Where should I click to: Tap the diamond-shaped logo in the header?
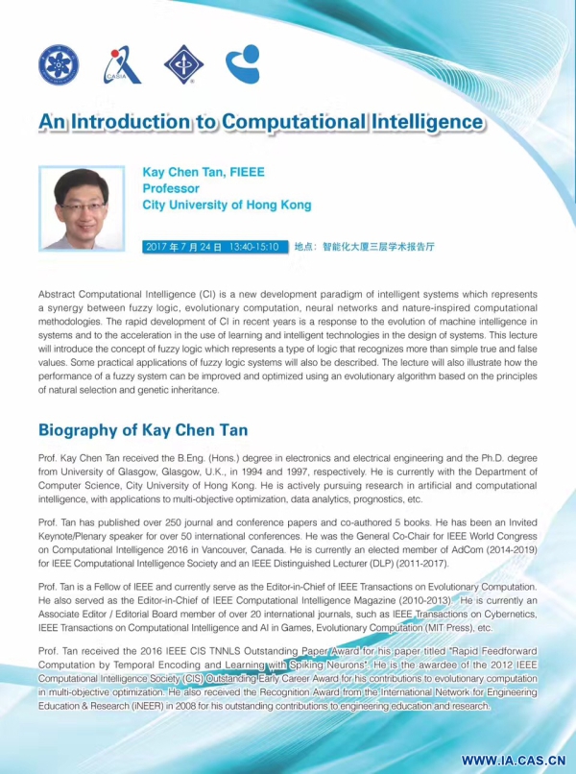point(183,64)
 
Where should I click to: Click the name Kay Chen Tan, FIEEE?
point(203,173)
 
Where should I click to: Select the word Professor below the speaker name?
point(171,189)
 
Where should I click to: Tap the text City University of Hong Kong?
point(227,206)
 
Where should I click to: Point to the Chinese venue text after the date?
point(364,247)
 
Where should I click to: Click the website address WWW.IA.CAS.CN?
point(511,759)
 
